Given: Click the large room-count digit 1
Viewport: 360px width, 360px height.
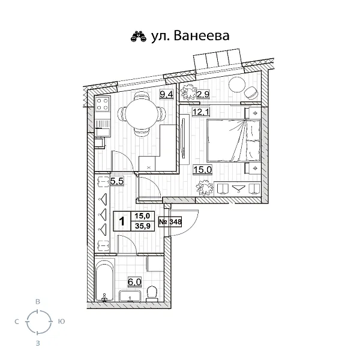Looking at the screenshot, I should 122,221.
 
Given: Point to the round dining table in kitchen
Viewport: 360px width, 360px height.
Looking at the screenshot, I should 141,111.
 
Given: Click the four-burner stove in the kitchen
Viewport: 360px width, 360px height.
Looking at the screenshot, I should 101,105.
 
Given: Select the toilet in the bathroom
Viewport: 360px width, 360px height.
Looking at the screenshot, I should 152,293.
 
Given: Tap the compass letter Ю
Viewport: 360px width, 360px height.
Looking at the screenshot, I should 61,323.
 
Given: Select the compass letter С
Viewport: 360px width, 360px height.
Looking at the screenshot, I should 16,323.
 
